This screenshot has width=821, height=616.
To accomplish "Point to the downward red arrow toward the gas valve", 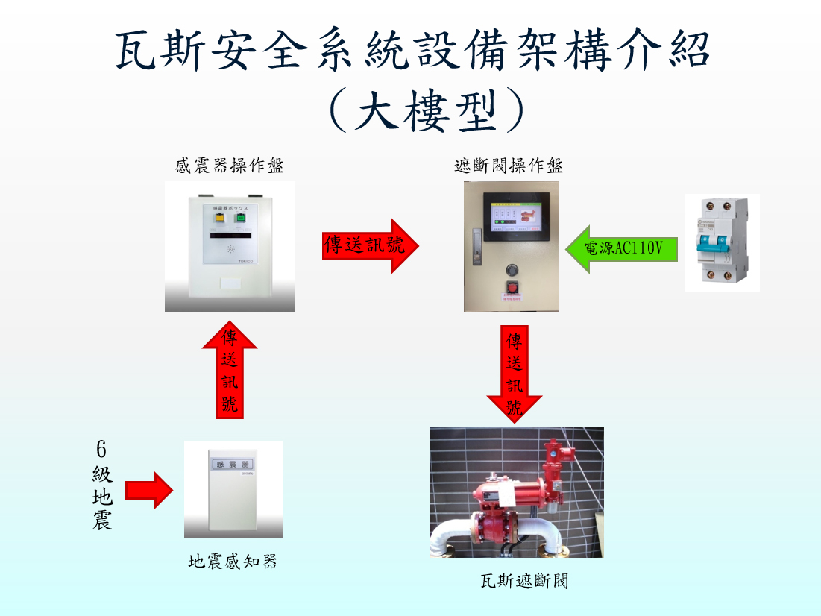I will (514, 374).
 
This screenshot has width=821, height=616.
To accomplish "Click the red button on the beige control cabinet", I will (512, 287).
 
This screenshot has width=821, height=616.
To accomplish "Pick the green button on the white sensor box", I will (241, 219).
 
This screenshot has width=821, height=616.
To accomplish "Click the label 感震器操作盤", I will (230, 166).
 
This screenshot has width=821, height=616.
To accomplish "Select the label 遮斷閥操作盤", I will (509, 166).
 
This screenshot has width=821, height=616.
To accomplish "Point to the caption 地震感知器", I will (233, 562).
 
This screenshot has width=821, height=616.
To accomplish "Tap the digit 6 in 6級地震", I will (101, 449).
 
